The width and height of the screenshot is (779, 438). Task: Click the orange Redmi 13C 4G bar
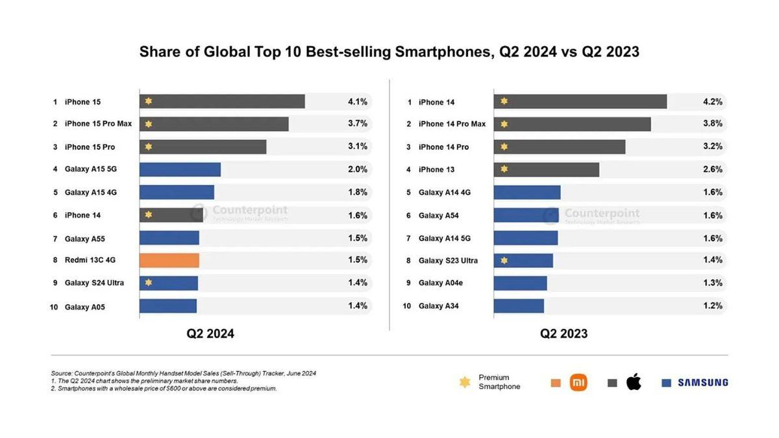click(169, 260)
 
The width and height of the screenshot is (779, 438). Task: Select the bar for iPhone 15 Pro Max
click(214, 124)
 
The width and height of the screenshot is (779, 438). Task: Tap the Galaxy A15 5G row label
click(90, 169)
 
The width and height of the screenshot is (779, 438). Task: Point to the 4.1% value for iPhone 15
click(357, 101)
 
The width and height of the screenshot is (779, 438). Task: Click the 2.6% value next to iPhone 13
click(712, 169)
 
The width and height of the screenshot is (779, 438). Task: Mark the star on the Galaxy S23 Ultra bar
click(504, 261)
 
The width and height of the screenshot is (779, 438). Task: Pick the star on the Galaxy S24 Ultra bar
click(149, 283)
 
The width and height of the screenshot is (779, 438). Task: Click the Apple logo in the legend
click(634, 382)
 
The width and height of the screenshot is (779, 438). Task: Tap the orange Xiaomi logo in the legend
click(578, 383)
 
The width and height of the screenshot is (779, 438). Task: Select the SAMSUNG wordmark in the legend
click(702, 383)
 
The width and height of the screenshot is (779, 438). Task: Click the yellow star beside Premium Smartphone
click(465, 382)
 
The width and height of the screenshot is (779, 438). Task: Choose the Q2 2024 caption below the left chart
click(210, 334)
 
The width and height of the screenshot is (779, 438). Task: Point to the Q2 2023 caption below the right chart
click(563, 334)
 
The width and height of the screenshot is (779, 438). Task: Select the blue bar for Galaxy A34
click(519, 306)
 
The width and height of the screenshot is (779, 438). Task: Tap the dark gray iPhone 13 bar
click(546, 169)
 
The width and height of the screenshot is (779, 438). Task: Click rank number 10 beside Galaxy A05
click(54, 306)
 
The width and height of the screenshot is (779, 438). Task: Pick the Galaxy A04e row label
click(440, 283)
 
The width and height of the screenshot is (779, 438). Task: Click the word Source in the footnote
click(61, 373)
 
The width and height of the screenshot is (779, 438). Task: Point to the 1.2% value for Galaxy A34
click(712, 306)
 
